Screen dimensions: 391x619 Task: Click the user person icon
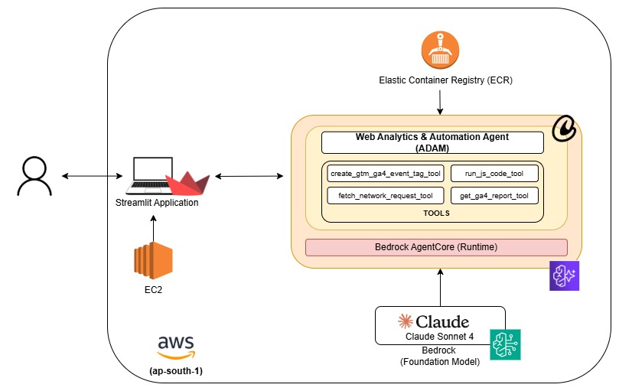[32, 176]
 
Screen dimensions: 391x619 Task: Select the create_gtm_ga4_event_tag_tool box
[385, 174]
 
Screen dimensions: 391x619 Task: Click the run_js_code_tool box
[494, 174]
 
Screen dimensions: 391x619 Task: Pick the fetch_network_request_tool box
[385, 196]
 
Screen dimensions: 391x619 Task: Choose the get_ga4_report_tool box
[494, 196]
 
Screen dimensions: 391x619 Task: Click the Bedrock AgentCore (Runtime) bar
[436, 247]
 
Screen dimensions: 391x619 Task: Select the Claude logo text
[433, 321]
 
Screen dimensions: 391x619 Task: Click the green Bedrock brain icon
[505, 344]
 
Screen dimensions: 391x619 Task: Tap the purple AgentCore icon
[565, 275]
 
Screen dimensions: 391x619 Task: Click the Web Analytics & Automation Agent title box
[432, 142]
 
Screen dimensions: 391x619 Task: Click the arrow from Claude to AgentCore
[440, 287]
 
